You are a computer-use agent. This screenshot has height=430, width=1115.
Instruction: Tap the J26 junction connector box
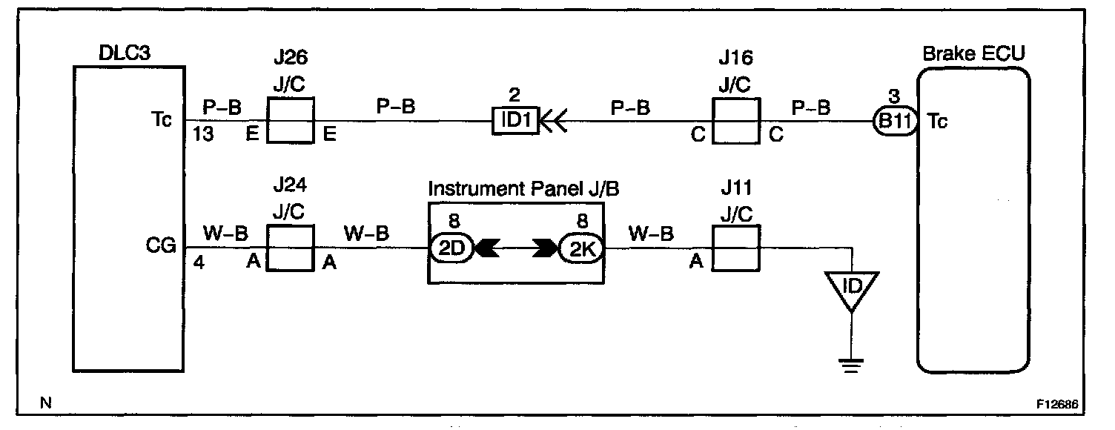(x=291, y=120)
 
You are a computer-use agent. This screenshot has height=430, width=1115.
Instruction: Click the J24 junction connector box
(x=291, y=249)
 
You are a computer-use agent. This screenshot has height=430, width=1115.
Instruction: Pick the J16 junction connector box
(x=735, y=120)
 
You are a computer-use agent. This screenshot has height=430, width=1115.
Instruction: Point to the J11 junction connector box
(x=735, y=249)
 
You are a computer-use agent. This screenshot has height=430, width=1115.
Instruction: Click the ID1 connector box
(x=515, y=120)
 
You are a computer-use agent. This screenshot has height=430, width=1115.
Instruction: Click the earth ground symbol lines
(x=852, y=363)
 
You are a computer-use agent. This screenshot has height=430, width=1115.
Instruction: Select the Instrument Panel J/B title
(x=523, y=190)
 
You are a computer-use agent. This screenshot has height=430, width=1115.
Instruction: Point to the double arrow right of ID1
(x=554, y=120)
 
